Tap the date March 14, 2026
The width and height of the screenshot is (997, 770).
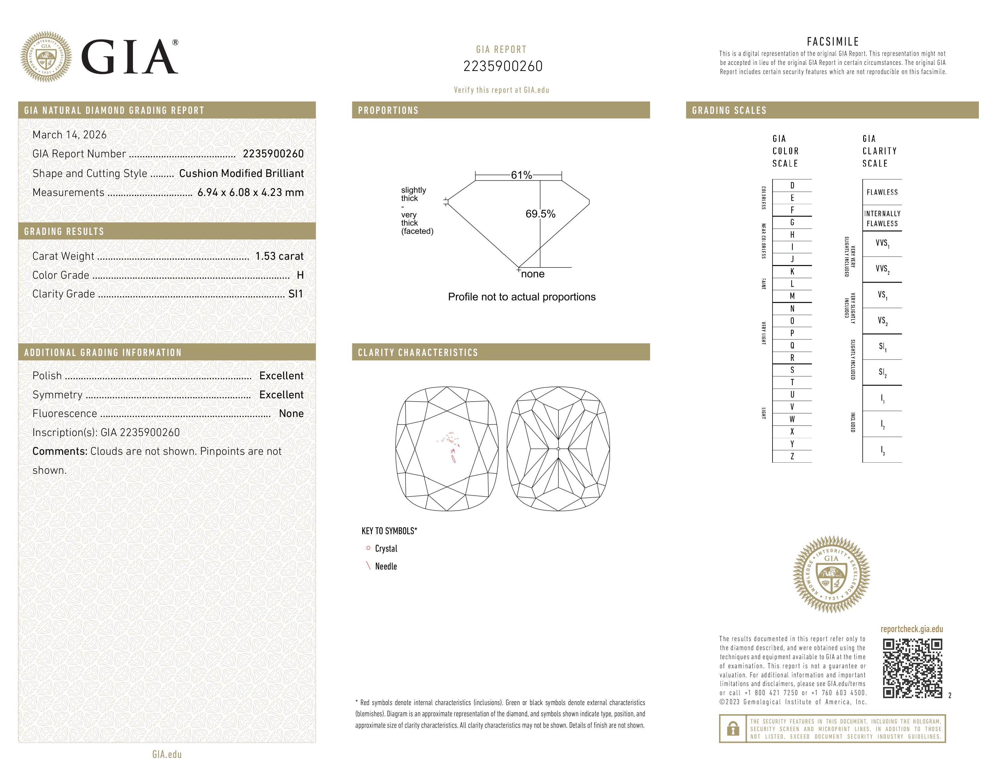69,135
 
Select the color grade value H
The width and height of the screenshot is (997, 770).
300,275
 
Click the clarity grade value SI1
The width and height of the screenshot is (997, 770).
295,294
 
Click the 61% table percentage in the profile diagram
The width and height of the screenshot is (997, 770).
521,175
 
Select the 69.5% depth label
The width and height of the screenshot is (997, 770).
540,214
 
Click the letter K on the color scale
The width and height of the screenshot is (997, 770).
792,271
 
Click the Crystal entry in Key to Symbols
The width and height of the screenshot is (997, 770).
386,548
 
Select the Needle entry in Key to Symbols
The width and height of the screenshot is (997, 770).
386,566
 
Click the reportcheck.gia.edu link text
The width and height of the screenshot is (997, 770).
911,629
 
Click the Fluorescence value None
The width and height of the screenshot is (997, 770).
291,413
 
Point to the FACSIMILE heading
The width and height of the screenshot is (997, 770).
833,41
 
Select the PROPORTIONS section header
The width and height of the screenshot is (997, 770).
388,111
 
